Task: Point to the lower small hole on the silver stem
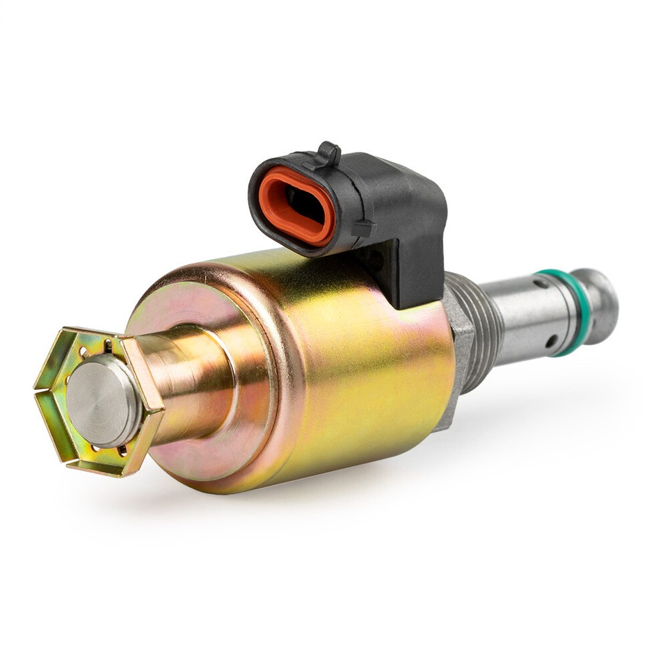[550, 341]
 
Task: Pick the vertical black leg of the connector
[417, 271]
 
